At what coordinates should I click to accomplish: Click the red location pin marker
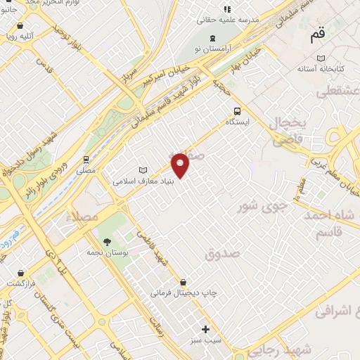[x=181, y=165]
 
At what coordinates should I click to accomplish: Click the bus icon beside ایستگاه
[x=237, y=111]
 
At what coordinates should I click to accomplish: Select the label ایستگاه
[x=238, y=122]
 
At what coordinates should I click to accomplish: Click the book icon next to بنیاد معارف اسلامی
[x=144, y=170]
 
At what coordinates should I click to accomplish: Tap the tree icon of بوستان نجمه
[x=107, y=242]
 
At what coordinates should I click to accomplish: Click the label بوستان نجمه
[x=106, y=252]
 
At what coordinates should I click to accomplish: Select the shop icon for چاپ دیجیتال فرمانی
[x=183, y=282]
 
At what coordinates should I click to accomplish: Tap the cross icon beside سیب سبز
[x=205, y=329]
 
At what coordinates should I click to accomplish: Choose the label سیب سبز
[x=205, y=340]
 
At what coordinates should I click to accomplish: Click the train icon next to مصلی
[x=86, y=160]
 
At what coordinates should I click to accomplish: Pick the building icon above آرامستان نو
[x=213, y=37]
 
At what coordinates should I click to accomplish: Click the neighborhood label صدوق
[x=222, y=253]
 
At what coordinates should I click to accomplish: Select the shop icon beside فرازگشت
[x=21, y=272]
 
